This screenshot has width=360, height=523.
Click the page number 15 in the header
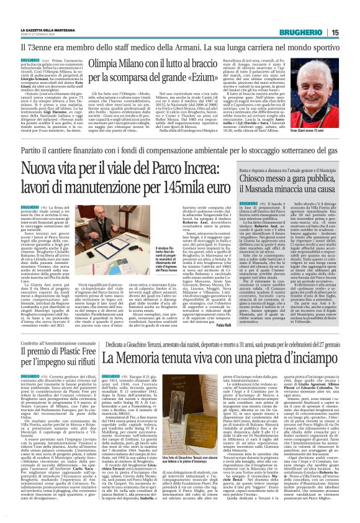[352, 32]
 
